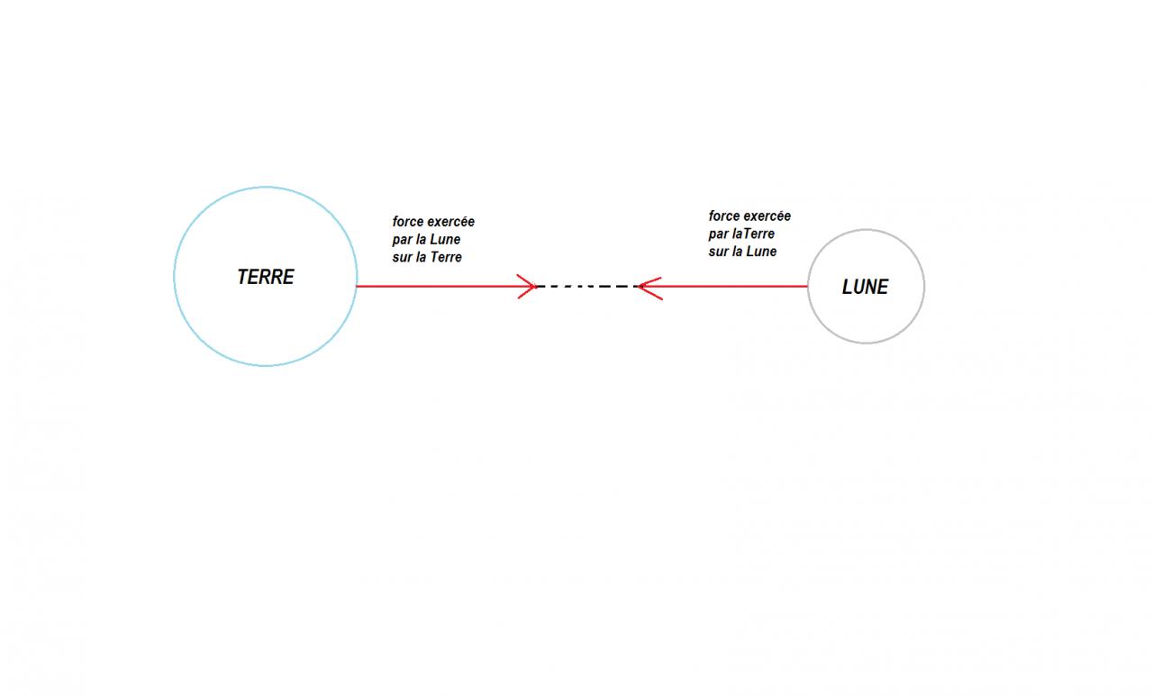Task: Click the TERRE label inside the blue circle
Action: click(266, 277)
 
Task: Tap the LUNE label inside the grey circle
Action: click(865, 287)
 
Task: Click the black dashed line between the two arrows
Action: click(587, 287)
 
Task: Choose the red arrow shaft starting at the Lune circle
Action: click(730, 287)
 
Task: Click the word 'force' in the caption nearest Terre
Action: click(407, 222)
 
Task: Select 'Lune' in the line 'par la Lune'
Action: click(445, 240)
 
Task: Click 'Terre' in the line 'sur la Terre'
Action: click(445, 258)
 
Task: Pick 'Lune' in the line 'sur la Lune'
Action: click(761, 252)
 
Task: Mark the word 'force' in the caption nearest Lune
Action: click(723, 216)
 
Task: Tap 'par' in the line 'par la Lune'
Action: click(403, 241)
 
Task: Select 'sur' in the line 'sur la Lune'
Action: click(718, 252)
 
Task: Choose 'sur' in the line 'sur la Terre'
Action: click(402, 258)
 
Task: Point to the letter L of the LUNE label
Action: click(848, 287)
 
